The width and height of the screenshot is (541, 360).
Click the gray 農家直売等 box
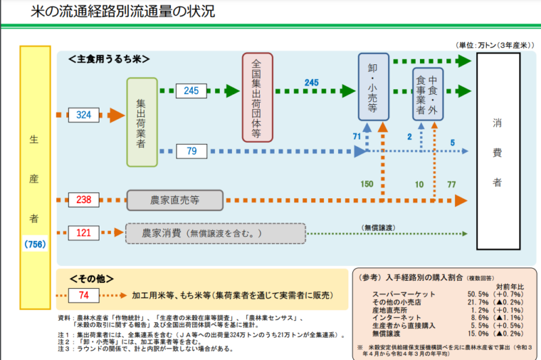click(174, 200)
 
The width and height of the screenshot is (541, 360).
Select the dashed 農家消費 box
click(215, 233)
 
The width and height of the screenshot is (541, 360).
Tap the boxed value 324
click(83, 115)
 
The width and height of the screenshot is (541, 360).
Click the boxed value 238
click(83, 200)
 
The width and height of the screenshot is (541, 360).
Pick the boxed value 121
click(83, 233)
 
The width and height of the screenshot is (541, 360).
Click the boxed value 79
click(191, 150)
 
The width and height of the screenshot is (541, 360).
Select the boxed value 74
click(84, 296)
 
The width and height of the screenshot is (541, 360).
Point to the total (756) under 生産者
click(34, 244)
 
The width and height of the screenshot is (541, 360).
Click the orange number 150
click(367, 184)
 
